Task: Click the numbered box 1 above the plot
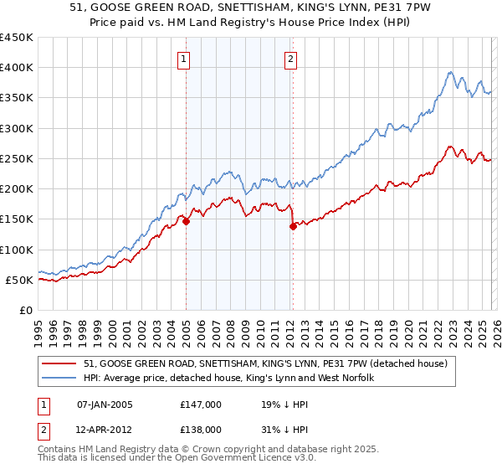pyautogui.click(x=183, y=59)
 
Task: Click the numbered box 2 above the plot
pyautogui.click(x=289, y=59)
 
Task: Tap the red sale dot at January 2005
pyautogui.click(x=186, y=221)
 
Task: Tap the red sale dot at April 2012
pyautogui.click(x=293, y=226)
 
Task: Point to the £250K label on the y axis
pyautogui.click(x=17, y=158)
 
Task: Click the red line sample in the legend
pyautogui.click(x=60, y=363)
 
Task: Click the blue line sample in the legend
pyautogui.click(x=60, y=378)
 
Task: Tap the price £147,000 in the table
pyautogui.click(x=200, y=404)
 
